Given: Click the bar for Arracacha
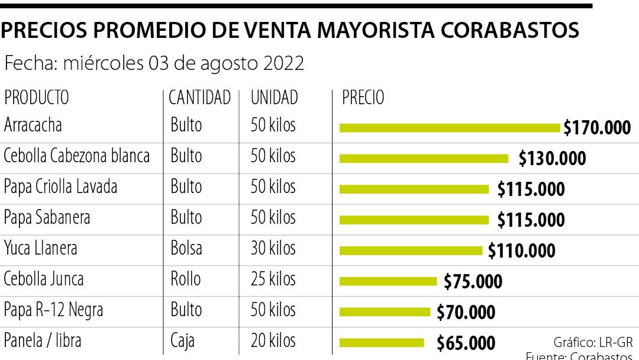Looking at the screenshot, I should pyautogui.click(x=450, y=127).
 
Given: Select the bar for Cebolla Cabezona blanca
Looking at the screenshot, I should pyautogui.click(x=424, y=158).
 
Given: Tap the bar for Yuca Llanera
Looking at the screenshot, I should pyautogui.click(x=411, y=250).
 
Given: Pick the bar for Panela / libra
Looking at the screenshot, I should pyautogui.click(x=382, y=342).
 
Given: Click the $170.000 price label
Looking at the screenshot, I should pyautogui.click(x=597, y=127).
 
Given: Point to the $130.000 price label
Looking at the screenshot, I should pyautogui.click(x=552, y=158).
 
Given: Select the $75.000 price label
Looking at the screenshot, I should pyautogui.click(x=473, y=281).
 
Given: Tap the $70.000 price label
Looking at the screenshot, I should pyautogui.click(x=466, y=312).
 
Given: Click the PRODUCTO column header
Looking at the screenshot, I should pyautogui.click(x=36, y=97).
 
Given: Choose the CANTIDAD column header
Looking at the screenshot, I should pyautogui.click(x=199, y=97).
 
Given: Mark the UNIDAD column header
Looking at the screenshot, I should pyautogui.click(x=274, y=97).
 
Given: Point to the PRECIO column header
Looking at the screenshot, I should pyautogui.click(x=363, y=97).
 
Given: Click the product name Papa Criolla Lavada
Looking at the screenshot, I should pyautogui.click(x=60, y=187).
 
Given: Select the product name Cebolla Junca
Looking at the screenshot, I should pyautogui.click(x=44, y=278).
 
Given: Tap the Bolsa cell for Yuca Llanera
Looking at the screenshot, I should pyautogui.click(x=186, y=247).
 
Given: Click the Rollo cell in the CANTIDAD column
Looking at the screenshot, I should pyautogui.click(x=186, y=278).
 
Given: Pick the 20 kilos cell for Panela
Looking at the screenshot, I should pyautogui.click(x=273, y=340).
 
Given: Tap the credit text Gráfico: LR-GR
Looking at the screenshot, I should pyautogui.click(x=593, y=342).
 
